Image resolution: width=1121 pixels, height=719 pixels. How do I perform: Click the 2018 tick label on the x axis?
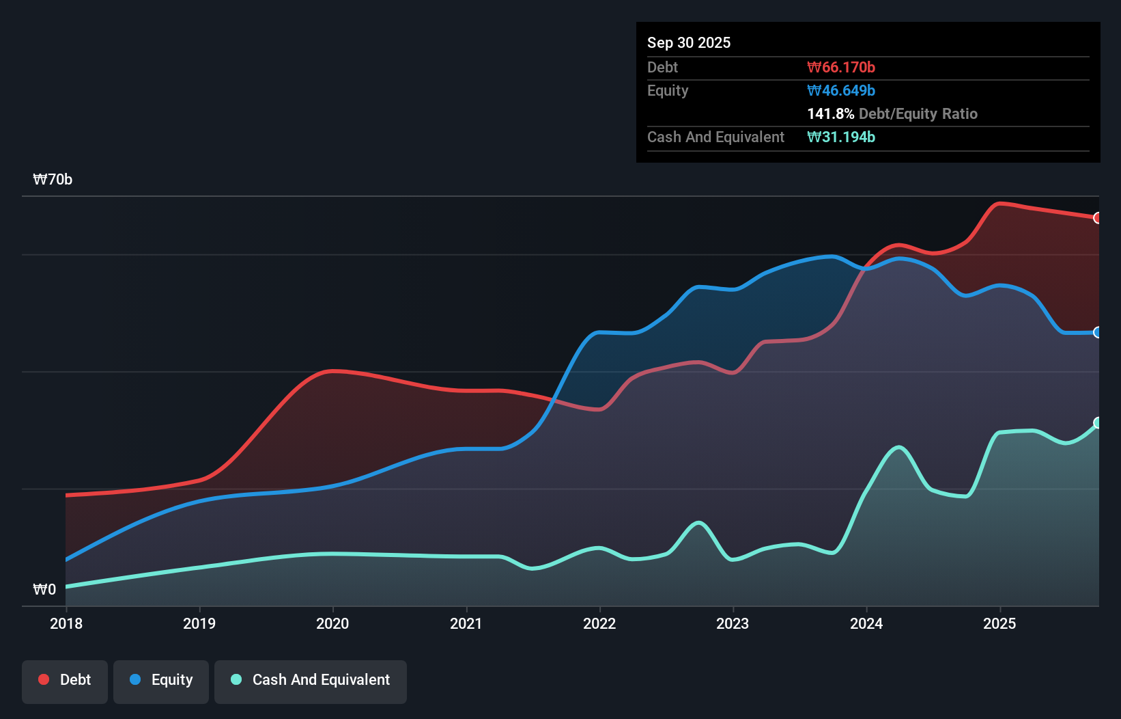point(66,623)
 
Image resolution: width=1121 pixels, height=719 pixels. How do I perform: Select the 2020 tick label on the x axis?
point(332,623)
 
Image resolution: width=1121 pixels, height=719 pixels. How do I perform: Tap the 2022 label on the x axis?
point(599,623)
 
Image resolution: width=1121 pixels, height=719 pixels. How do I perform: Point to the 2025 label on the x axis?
point(999,623)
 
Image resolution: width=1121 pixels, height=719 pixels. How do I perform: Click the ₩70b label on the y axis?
point(53,180)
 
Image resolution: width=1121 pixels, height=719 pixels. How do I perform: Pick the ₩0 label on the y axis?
point(44,589)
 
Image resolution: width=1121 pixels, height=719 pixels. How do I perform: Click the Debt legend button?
point(65,680)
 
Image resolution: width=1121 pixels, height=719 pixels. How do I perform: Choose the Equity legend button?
point(161,680)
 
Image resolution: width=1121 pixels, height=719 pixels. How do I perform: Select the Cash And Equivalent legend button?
point(311,680)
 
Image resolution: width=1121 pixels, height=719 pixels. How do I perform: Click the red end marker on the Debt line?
point(1098,218)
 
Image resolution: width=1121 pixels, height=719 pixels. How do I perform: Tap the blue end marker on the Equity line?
point(1098,333)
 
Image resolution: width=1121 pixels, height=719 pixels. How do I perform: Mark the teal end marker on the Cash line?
point(1098,423)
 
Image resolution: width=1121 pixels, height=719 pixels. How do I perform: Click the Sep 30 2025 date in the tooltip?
point(689,42)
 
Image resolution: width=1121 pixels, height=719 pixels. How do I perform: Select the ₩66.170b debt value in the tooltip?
point(841,67)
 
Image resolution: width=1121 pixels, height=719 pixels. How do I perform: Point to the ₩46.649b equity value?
point(841,90)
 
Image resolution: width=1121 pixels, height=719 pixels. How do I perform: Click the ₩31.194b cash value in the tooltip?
point(841,137)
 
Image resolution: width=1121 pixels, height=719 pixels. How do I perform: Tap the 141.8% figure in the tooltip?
point(831,113)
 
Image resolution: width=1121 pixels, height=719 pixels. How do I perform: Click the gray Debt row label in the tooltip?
point(662,67)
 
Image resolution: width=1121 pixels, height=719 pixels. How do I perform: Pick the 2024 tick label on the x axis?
point(866,623)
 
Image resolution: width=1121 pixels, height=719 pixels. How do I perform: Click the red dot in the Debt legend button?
point(44,679)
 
